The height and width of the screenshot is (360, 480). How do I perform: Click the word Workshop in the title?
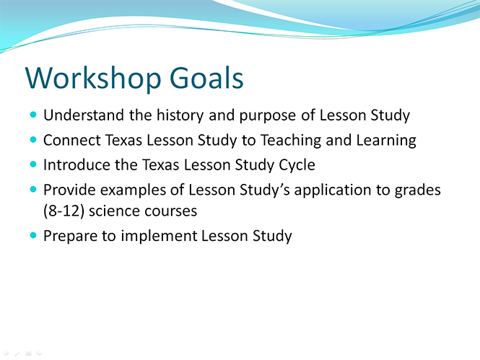[93, 79]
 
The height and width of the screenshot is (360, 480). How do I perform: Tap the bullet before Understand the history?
[33, 115]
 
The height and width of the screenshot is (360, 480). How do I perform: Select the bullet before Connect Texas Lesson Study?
[33, 140]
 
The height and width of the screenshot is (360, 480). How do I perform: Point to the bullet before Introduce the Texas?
[33, 164]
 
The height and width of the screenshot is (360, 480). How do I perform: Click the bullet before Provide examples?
[33, 190]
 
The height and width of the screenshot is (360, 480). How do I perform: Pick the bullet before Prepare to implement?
[33, 235]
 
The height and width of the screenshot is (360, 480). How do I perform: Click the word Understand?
[84, 115]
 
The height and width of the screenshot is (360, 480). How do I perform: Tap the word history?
[180, 116]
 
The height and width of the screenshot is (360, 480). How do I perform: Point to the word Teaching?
[291, 141]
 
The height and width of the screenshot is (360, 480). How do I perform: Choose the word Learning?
[386, 141]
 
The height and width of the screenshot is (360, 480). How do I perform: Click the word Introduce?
[77, 165]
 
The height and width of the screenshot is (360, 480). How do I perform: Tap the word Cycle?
[297, 166]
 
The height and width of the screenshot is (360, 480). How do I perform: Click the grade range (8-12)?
[64, 211]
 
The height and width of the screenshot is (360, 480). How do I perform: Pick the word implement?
[159, 237]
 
